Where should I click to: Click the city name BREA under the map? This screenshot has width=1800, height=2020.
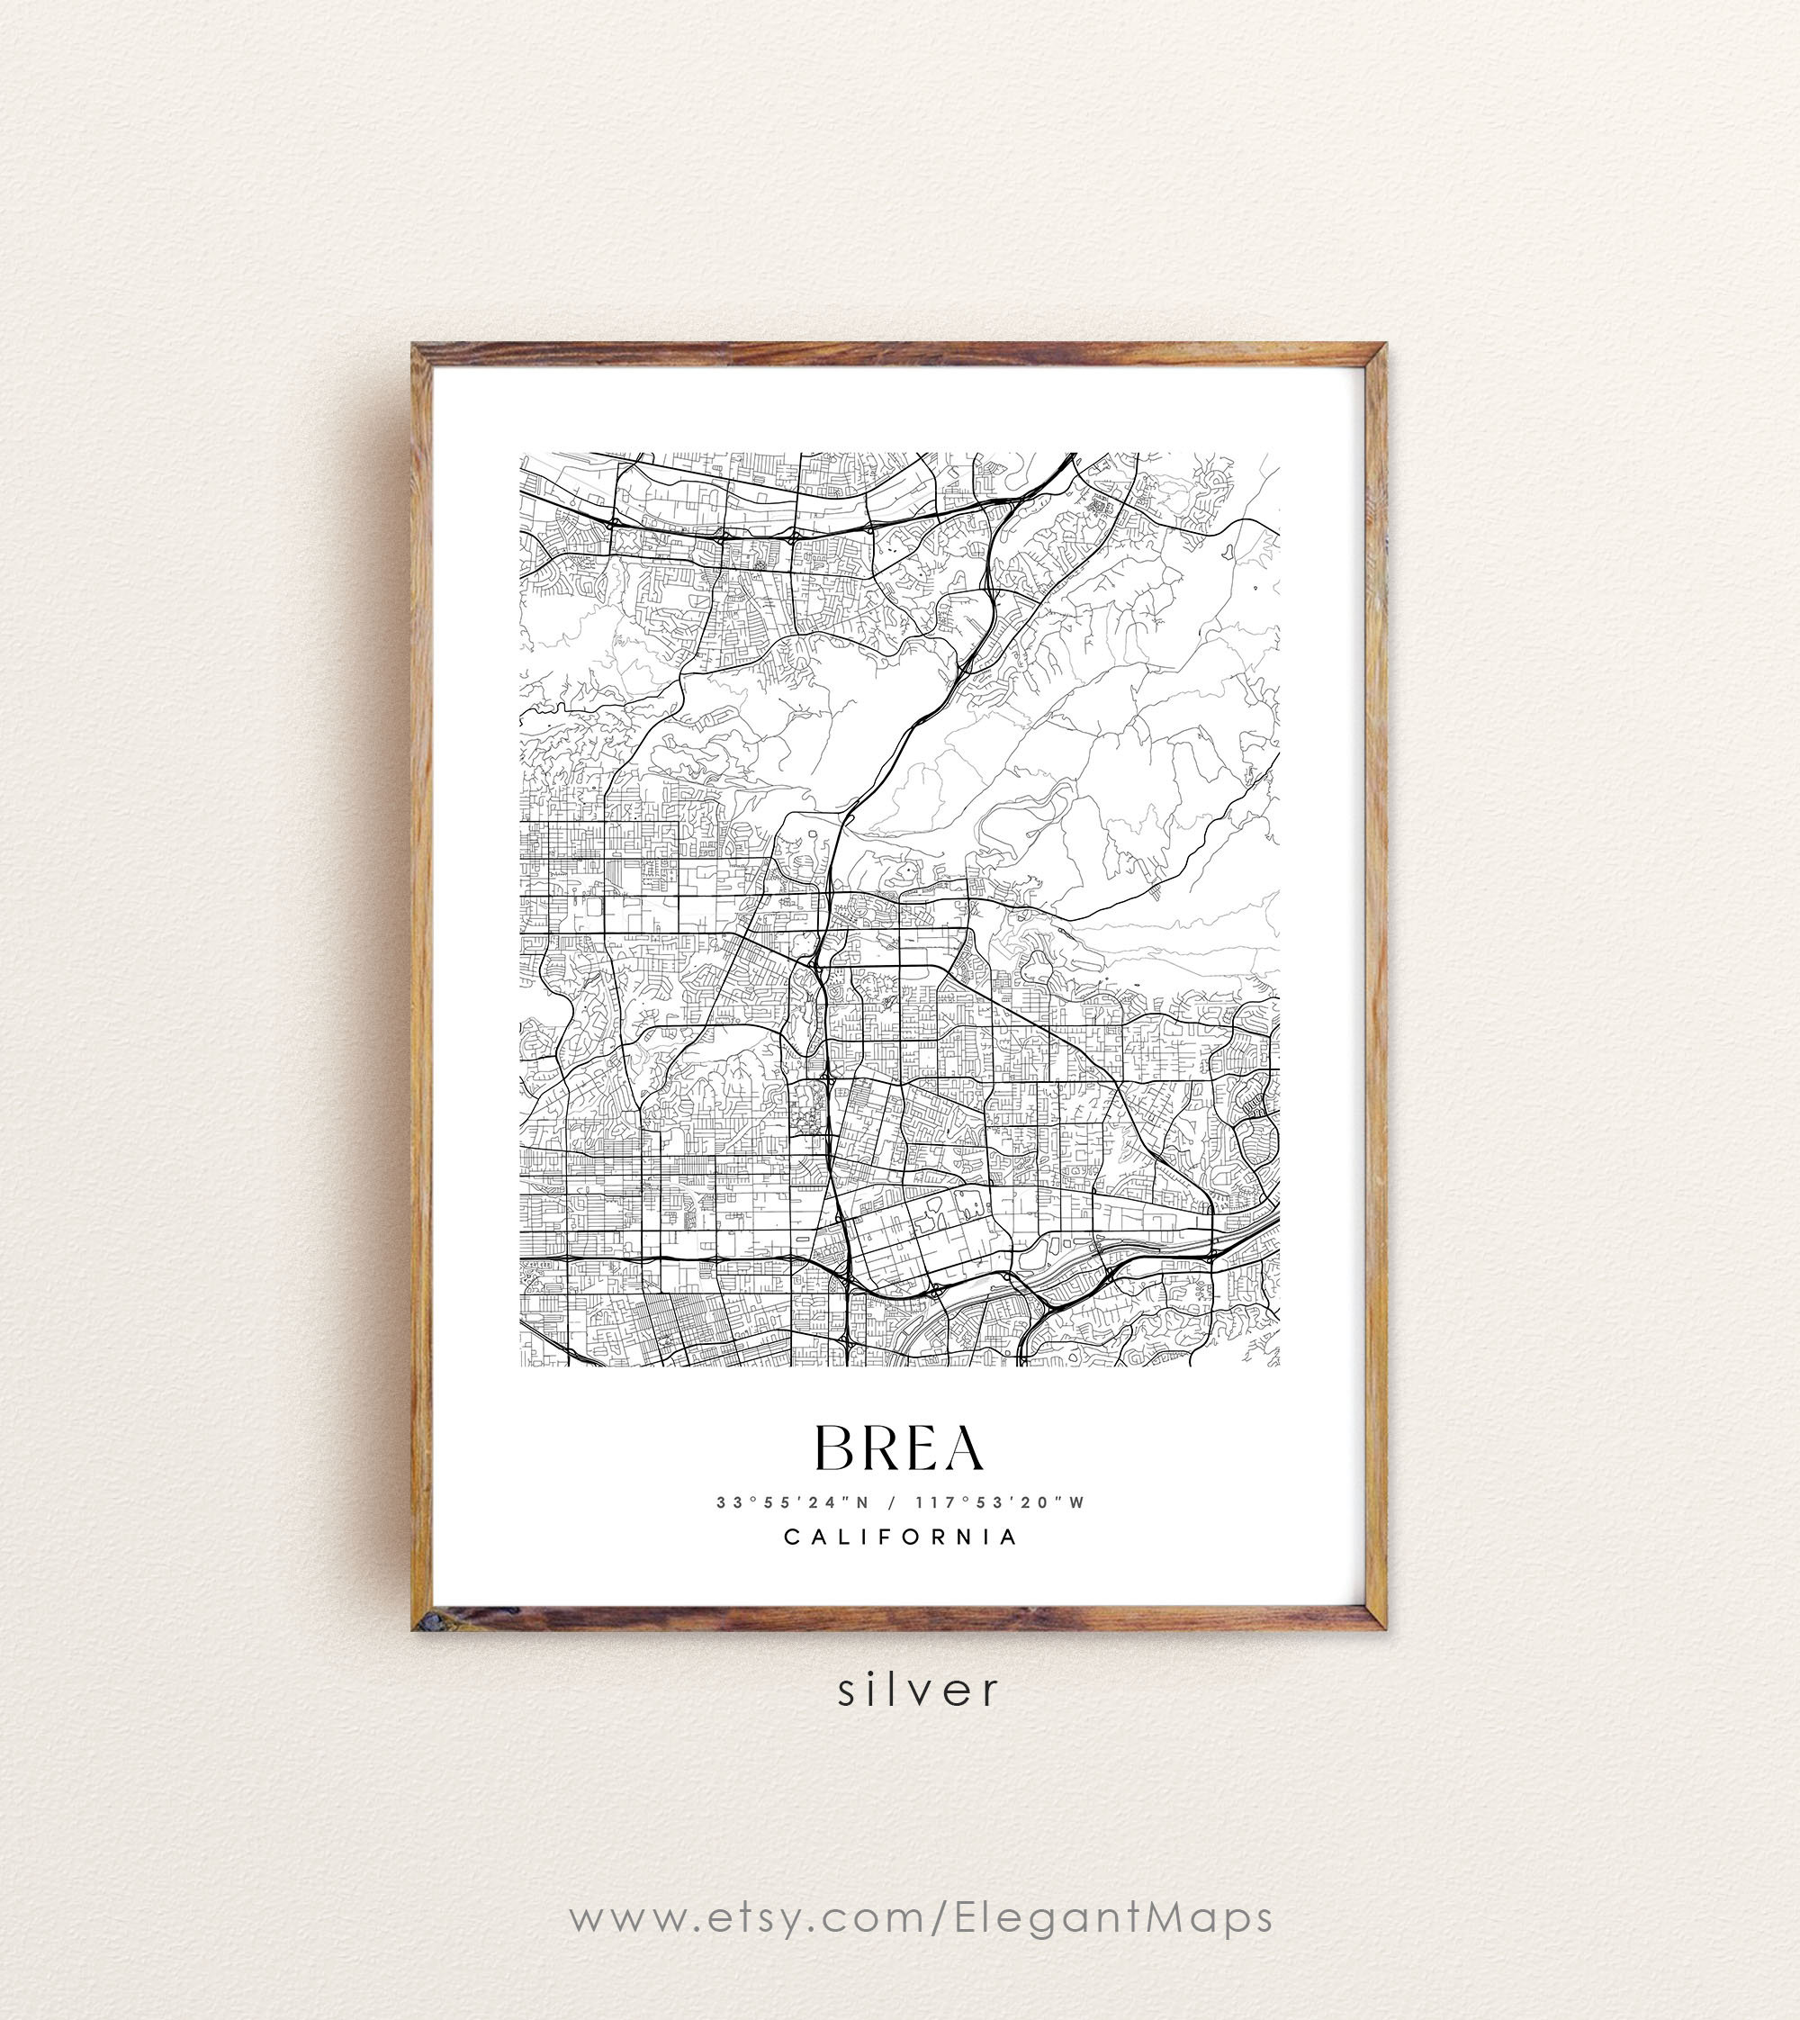(899, 1448)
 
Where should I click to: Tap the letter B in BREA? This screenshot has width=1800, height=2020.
(832, 1448)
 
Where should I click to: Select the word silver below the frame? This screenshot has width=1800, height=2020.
(919, 1690)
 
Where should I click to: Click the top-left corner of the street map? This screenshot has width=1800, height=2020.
(521, 454)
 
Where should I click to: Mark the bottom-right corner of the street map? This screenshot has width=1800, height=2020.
(1279, 1366)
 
